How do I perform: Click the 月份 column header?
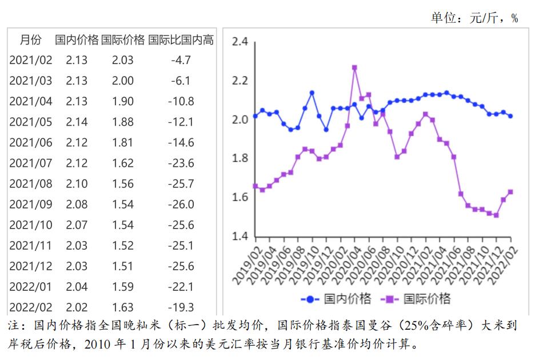[31, 40]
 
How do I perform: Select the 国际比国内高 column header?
[181, 40]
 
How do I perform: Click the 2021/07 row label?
[31, 163]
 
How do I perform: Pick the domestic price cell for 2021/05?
[77, 122]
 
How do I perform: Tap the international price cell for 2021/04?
[123, 102]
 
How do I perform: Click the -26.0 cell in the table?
[182, 205]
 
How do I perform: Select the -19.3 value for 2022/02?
[182, 307]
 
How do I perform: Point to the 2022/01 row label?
[31, 287]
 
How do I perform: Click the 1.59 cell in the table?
[123, 287]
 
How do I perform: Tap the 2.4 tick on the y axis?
[240, 42]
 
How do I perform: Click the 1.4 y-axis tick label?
[240, 237]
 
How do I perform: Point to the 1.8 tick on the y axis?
[240, 159]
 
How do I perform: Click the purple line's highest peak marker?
[354, 67]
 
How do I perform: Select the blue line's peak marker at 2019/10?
[312, 93]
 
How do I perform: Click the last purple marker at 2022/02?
[510, 192]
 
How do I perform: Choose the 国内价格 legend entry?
[337, 299]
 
